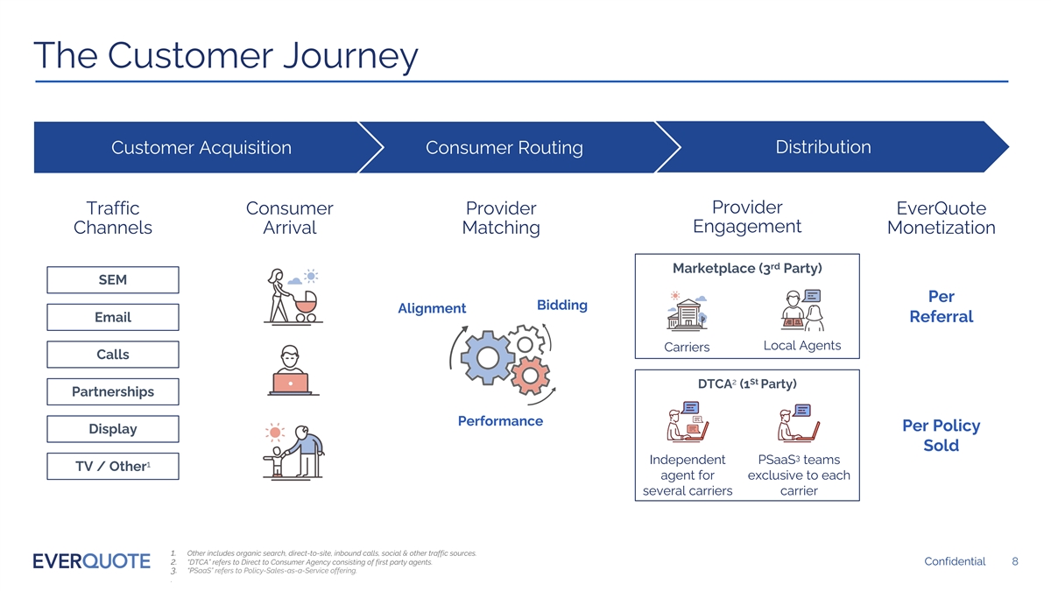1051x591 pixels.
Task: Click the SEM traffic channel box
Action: click(112, 280)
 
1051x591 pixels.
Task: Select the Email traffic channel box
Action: click(112, 317)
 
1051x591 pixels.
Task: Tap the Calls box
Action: click(112, 355)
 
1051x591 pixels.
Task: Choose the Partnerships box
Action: click(112, 391)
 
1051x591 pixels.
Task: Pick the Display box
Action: click(112, 429)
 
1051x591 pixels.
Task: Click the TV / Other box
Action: click(112, 466)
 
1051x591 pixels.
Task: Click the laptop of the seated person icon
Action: click(291, 383)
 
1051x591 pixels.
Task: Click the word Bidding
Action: click(561, 305)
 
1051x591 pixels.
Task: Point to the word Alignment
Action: click(432, 308)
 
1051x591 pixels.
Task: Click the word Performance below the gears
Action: click(500, 421)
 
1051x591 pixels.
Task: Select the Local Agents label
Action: click(802, 346)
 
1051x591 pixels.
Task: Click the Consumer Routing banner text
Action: click(504, 148)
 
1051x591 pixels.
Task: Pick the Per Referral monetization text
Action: click(941, 306)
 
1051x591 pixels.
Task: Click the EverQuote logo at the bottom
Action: click(90, 561)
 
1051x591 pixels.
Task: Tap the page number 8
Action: click(1014, 561)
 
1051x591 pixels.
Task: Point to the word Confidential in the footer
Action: click(955, 561)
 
